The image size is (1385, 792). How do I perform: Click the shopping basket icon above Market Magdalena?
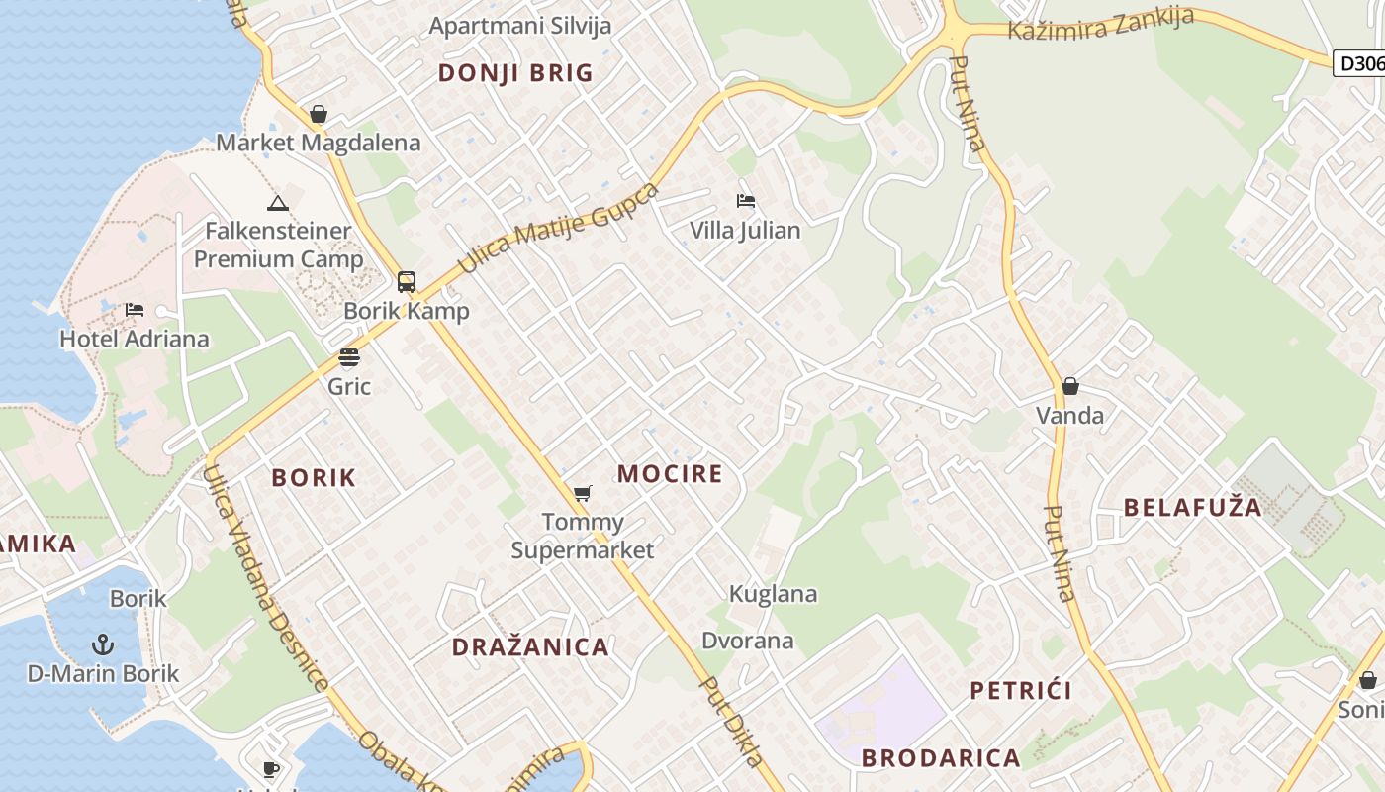tap(319, 115)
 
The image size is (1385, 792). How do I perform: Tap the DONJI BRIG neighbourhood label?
tap(515, 73)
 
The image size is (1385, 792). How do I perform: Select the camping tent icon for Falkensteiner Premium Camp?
tap(277, 204)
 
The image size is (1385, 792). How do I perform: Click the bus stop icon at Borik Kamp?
tap(407, 281)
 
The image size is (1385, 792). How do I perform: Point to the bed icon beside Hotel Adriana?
tap(135, 311)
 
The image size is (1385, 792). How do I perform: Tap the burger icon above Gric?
tap(349, 357)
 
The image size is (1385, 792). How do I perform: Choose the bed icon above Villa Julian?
tap(746, 202)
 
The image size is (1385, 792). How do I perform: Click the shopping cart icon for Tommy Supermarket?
tap(583, 493)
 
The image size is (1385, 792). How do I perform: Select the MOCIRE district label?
tap(670, 474)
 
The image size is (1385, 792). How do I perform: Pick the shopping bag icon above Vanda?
tap(1069, 386)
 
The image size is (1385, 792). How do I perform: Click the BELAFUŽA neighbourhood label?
tap(1193, 509)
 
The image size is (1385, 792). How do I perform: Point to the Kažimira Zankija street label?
tap(1100, 24)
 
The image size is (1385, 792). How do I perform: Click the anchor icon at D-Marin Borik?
tap(103, 645)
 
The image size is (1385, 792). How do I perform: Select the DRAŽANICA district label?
tap(530, 647)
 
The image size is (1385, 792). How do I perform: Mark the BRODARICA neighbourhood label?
tap(940, 758)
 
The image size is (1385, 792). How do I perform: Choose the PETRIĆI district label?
tap(1021, 691)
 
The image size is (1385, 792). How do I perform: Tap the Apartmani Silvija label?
tap(520, 26)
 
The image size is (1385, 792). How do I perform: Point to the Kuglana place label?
tap(773, 594)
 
